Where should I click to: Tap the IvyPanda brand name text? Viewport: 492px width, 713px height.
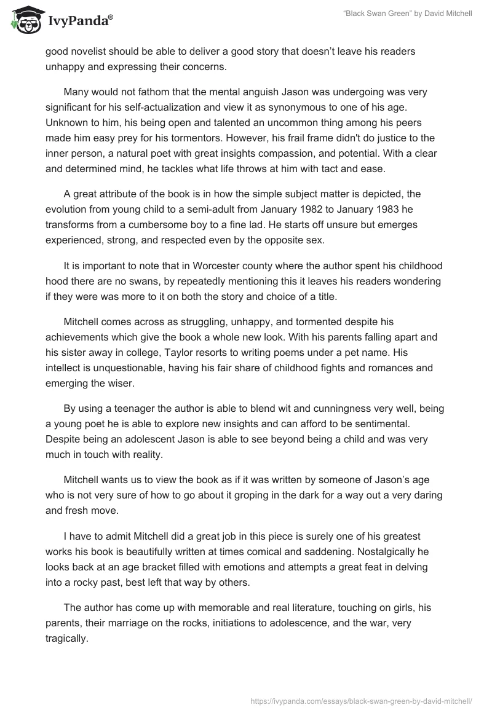76,20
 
